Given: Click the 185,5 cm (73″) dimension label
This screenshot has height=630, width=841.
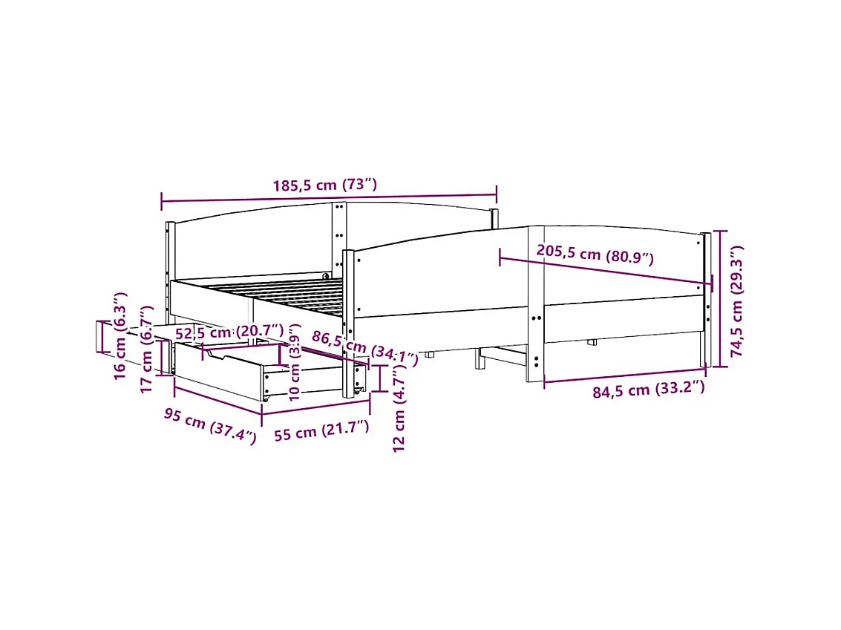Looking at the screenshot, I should tap(325, 186).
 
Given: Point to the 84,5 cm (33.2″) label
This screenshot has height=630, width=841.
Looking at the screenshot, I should tap(648, 390).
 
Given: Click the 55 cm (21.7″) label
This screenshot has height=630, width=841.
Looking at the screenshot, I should tap(321, 431).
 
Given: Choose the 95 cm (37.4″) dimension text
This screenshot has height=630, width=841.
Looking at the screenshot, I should tap(210, 426).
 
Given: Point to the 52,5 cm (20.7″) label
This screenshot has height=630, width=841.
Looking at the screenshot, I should tap(229, 331).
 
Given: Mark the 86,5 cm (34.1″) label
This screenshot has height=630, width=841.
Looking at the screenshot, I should tap(364, 348).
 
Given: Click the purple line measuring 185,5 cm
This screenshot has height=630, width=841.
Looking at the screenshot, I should tap(329, 198).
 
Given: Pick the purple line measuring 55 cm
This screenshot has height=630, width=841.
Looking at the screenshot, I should tap(315, 408).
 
